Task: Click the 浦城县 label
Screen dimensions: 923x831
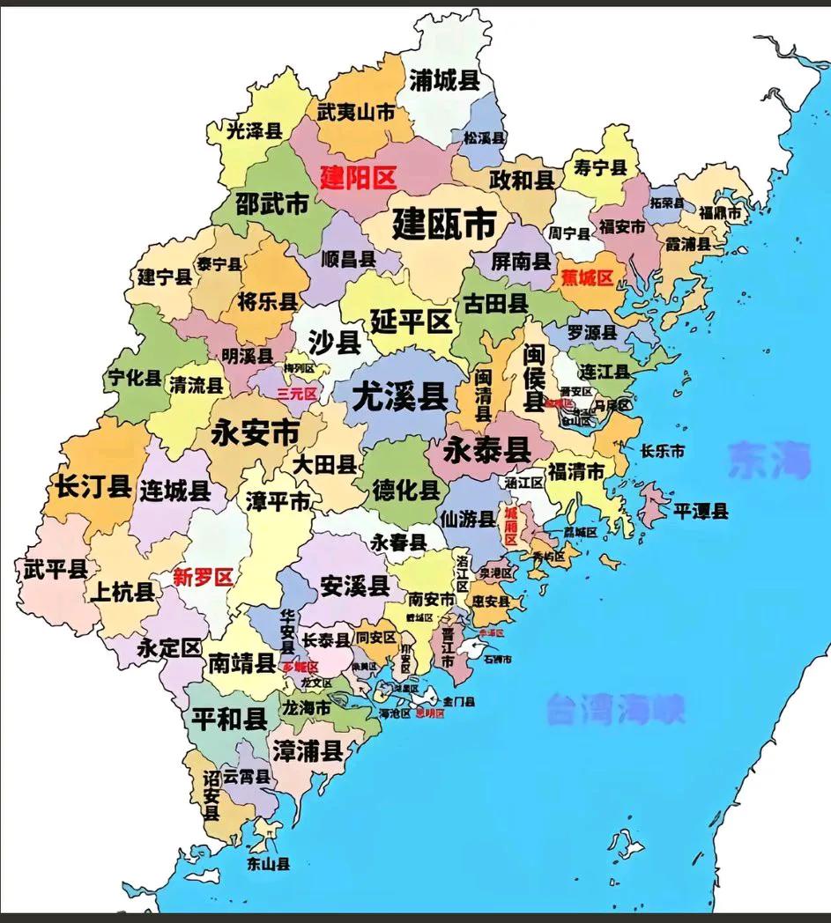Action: (x=444, y=81)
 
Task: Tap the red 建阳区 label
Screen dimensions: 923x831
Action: (x=358, y=178)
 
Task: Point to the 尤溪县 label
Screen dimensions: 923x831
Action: (x=399, y=398)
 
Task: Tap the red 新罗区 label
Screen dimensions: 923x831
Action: (x=203, y=578)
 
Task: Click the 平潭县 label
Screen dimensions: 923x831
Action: (x=701, y=511)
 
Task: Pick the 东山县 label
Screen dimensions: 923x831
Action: (x=269, y=864)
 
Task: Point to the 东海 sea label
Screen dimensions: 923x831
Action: (x=768, y=460)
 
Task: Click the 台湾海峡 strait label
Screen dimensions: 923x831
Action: (x=615, y=709)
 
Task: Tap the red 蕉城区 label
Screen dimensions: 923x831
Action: (x=586, y=277)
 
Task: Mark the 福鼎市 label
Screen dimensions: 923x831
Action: (x=720, y=214)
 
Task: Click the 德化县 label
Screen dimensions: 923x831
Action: (x=406, y=490)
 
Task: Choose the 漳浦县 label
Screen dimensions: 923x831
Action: (x=307, y=750)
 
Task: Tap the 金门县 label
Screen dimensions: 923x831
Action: (x=459, y=702)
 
